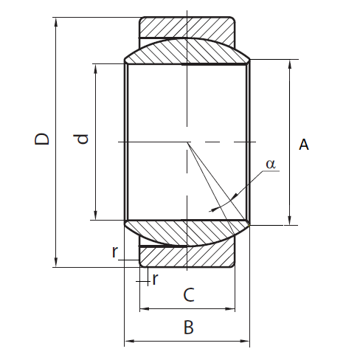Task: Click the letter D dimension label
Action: pyautogui.click(x=42, y=139)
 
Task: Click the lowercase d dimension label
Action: pyautogui.click(x=81, y=139)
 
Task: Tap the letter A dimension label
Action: pyautogui.click(x=304, y=145)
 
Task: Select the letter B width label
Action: pyautogui.click(x=189, y=328)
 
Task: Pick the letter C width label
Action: pyautogui.click(x=189, y=295)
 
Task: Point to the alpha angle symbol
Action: pyautogui.click(x=271, y=164)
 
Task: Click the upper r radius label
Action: pyautogui.click(x=115, y=252)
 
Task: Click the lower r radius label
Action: pyautogui.click(x=155, y=279)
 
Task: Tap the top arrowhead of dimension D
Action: pyautogui.click(x=56, y=21)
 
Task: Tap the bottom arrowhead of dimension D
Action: pyautogui.click(x=56, y=263)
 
